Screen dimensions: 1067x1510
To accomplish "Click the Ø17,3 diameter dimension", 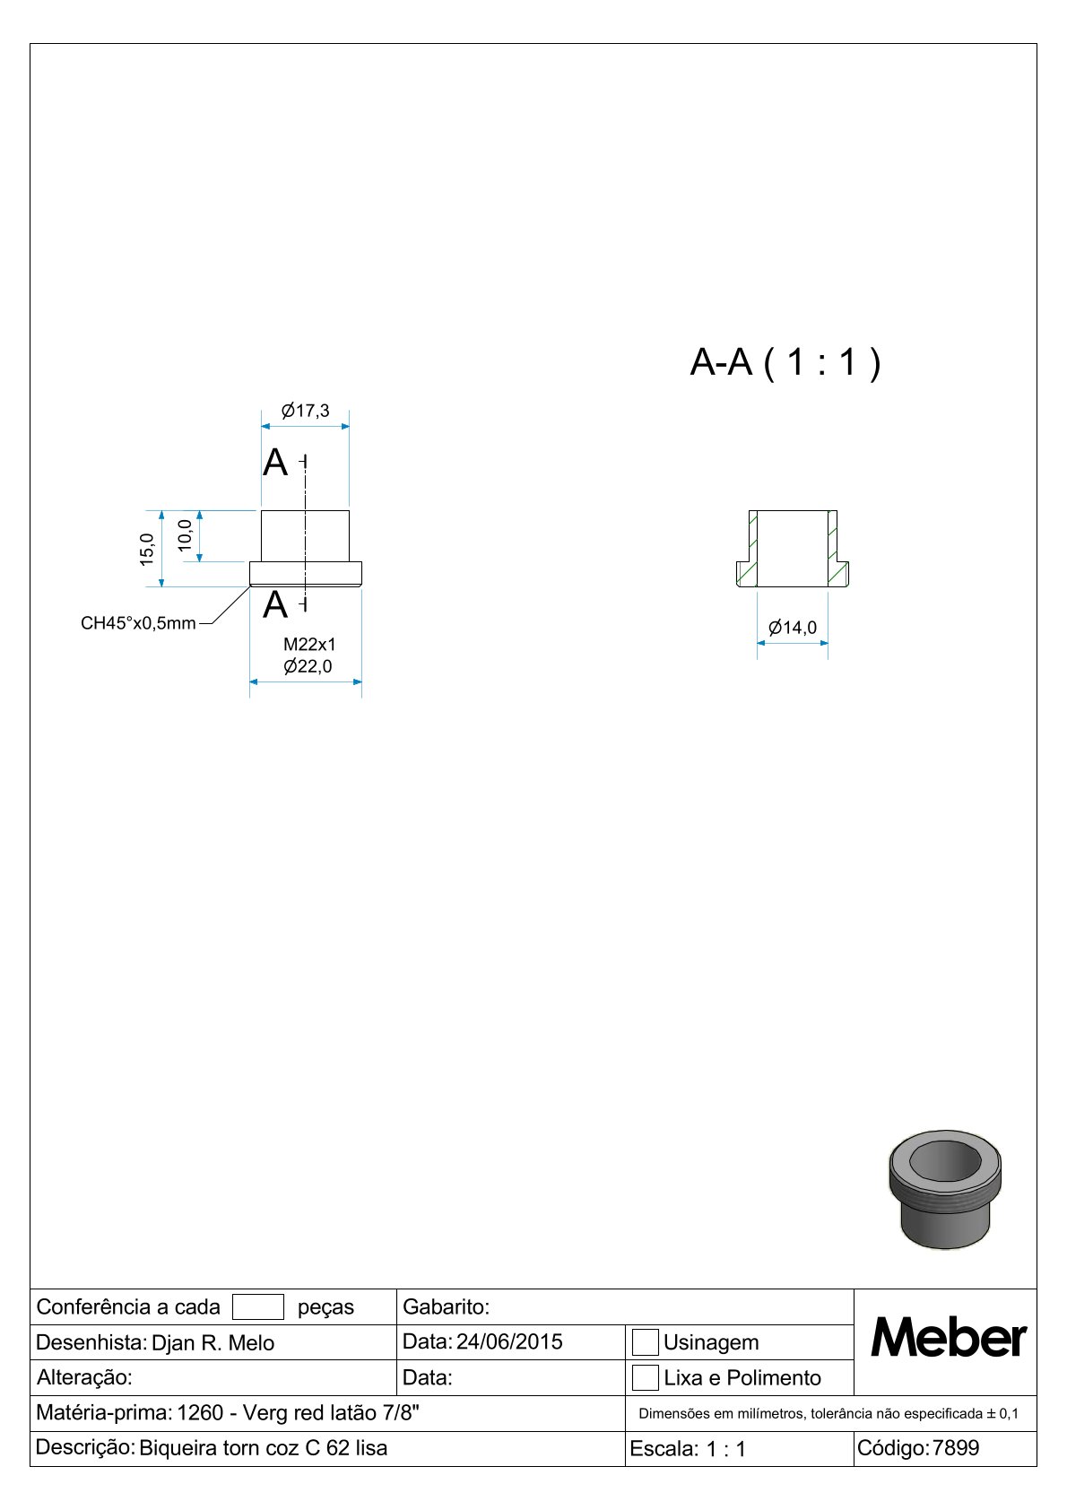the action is pos(306,411).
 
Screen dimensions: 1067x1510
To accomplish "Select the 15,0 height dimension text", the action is pos(147,549).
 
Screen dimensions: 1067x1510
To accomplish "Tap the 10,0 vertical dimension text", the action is pos(185,535).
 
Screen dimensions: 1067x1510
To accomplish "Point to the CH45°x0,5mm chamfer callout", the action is pos(138,623).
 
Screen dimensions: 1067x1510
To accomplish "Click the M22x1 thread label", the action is pos(309,644).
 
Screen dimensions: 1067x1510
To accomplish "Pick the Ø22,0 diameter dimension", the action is pos(308,666).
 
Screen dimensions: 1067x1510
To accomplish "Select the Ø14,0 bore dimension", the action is pos(793,628).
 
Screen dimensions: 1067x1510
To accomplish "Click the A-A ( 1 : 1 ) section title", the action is pos(785,362).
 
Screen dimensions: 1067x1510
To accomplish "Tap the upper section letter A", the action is pos(275,463).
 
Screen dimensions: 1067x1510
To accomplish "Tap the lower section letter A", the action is pos(275,605).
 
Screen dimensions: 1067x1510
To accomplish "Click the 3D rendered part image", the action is pos(945,1189).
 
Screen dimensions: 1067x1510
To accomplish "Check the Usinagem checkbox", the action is pos(646,1342).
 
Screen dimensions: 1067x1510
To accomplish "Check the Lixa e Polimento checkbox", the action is pos(646,1377).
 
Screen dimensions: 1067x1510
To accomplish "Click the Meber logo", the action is pos(949,1338).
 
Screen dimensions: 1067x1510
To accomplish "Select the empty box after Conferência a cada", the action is pos(258,1306).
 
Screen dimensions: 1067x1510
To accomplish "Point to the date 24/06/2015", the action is pos(509,1341).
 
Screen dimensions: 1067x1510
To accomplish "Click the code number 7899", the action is pos(956,1447).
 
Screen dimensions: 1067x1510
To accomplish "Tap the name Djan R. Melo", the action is pos(213,1342).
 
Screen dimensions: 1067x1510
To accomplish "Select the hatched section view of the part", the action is pos(793,549).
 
